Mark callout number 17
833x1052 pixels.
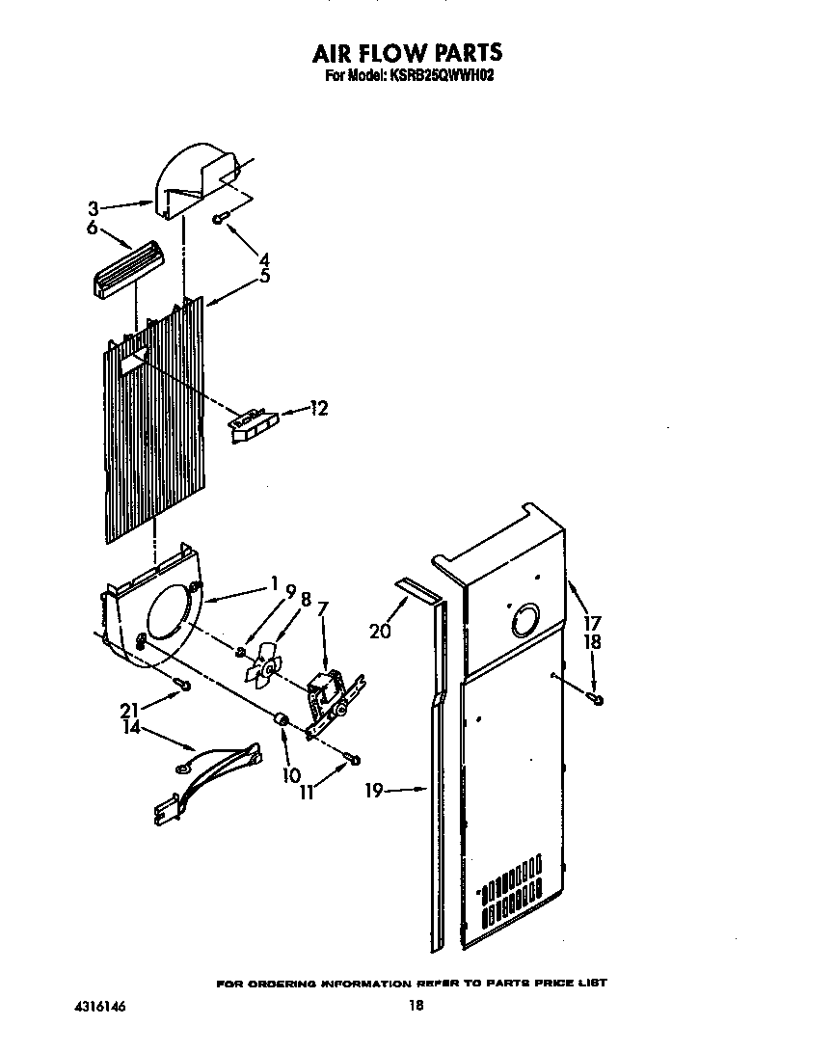(x=592, y=623)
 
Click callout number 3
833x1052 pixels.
(x=94, y=207)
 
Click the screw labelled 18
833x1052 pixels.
(x=598, y=698)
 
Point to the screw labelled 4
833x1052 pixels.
(x=221, y=218)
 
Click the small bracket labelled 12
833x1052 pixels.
(x=253, y=424)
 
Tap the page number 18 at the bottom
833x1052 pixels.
(x=416, y=1006)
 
